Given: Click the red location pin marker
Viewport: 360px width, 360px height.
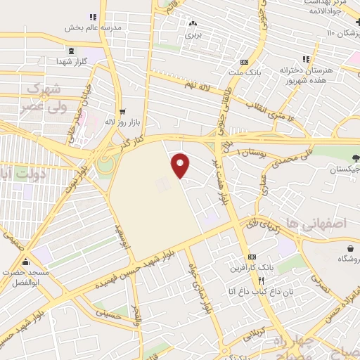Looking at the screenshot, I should [181, 165].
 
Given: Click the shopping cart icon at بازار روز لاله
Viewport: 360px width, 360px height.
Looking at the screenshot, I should [123, 112].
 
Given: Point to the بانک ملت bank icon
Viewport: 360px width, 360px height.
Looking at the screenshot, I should [243, 62].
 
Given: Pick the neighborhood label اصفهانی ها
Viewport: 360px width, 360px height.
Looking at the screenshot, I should [328, 224].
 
